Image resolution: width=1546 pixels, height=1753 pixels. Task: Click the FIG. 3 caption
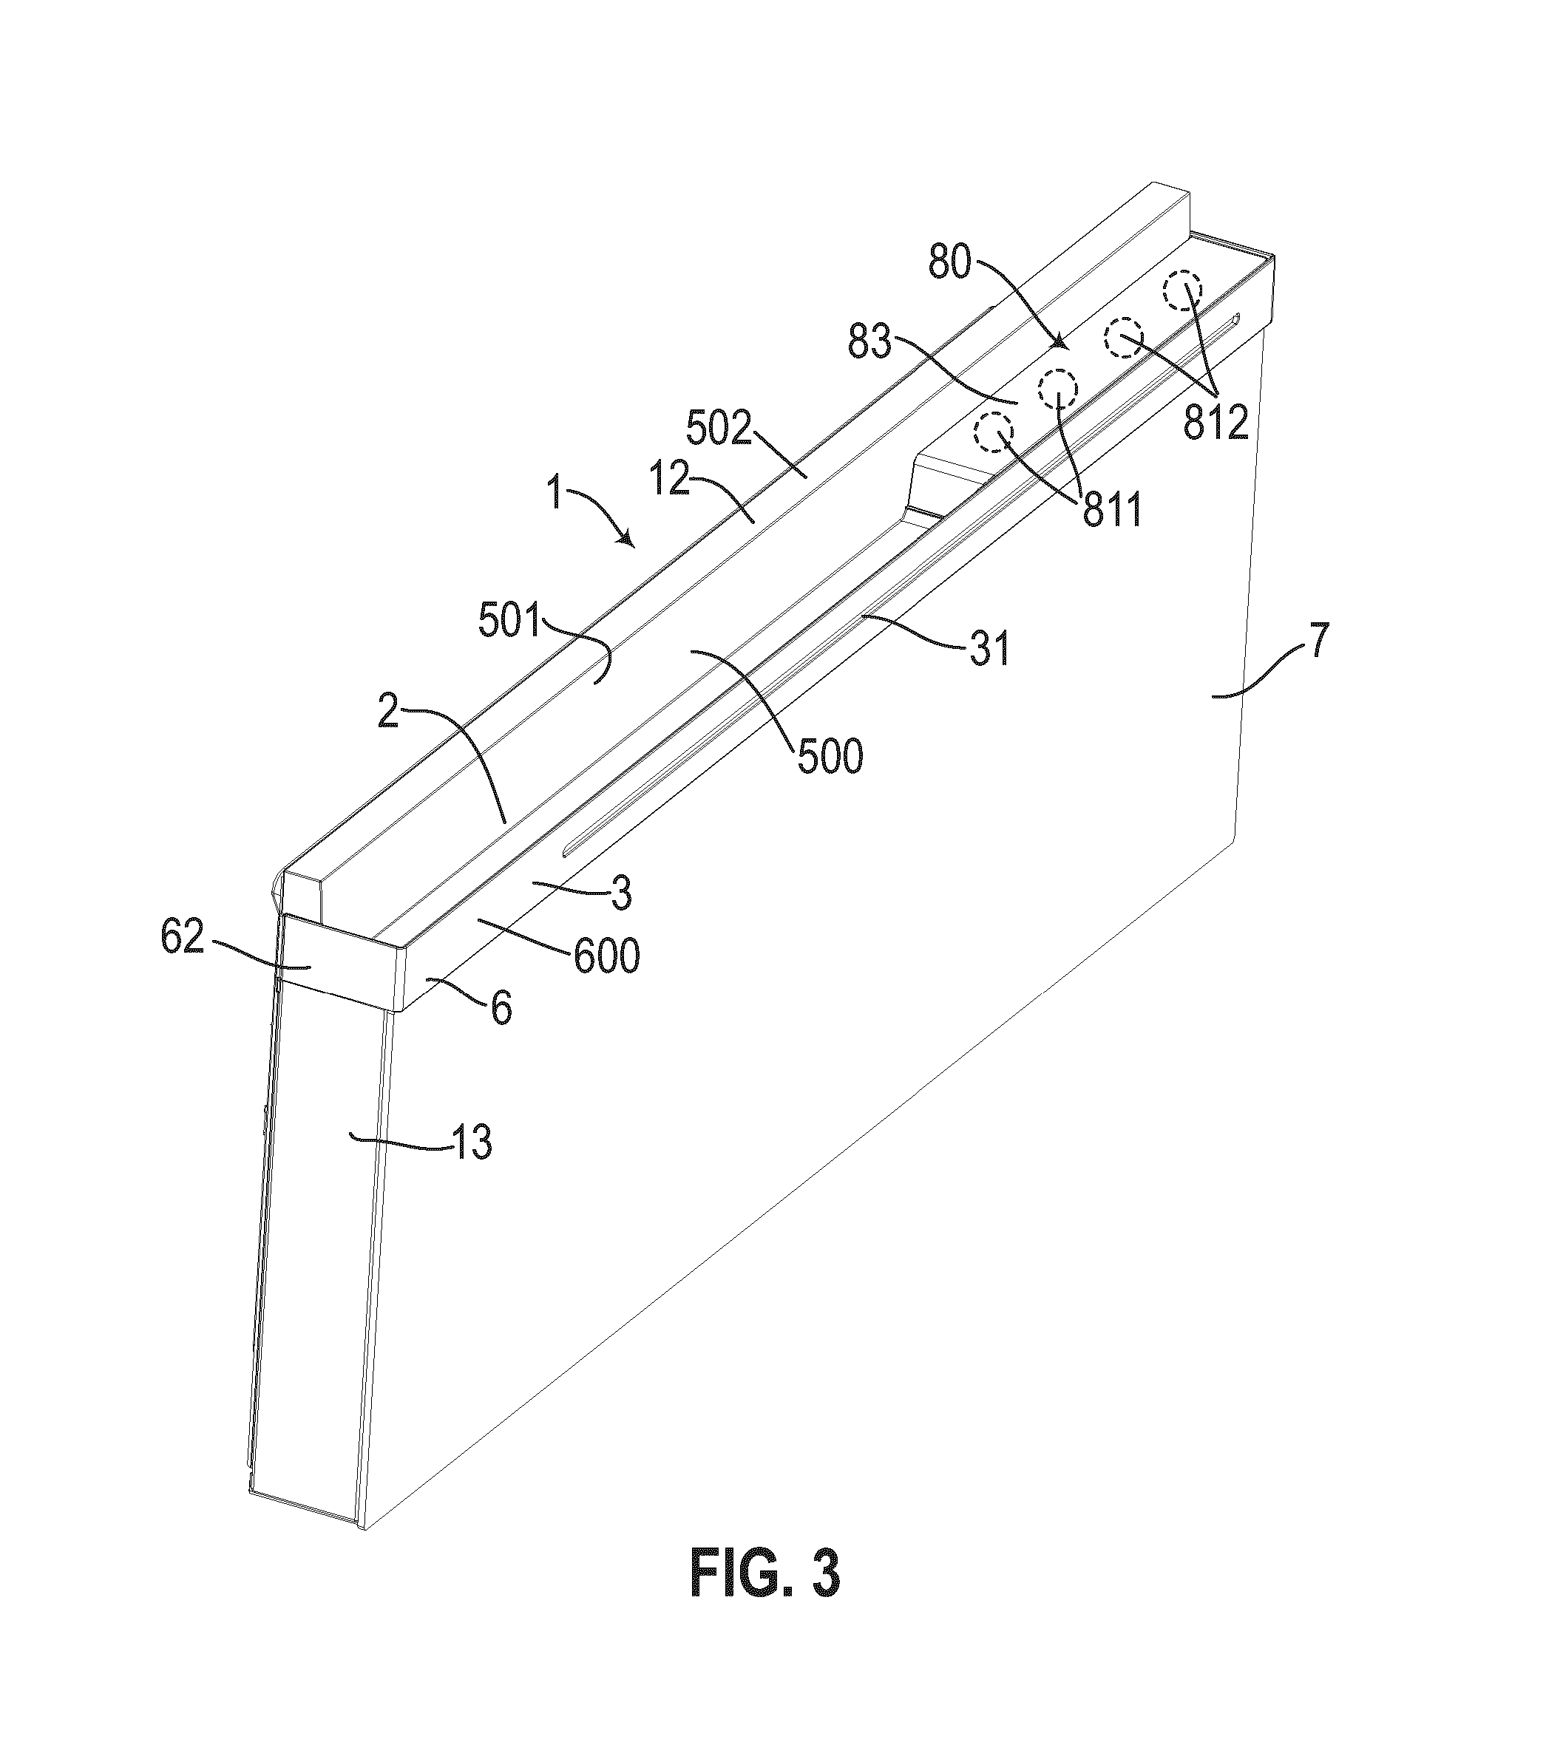(x=764, y=1573)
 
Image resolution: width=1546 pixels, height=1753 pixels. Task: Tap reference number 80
(x=950, y=264)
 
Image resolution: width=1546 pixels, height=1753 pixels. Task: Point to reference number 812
(x=1216, y=423)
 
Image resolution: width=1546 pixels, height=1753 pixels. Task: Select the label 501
(x=510, y=622)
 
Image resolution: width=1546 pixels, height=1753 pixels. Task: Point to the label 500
(x=830, y=757)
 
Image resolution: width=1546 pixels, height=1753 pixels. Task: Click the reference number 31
(x=990, y=648)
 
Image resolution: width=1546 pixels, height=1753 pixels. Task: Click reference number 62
(x=183, y=939)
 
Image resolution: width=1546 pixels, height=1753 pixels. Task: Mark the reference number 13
(x=471, y=1143)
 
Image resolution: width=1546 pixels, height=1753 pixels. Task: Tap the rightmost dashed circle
(x=1181, y=292)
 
